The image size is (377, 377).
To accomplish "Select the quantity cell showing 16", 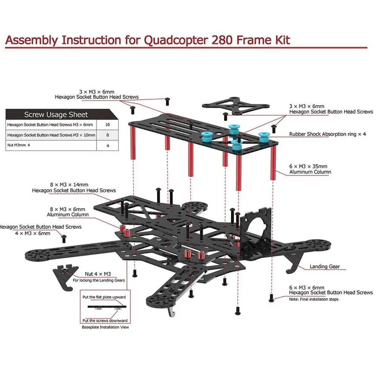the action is tap(107, 125).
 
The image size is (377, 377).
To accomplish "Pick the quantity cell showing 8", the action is tap(107, 135).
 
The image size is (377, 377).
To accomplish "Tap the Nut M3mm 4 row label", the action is tap(18, 145).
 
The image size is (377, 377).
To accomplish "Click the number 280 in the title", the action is tap(222, 40).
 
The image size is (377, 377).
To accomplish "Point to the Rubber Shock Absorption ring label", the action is tap(328, 134).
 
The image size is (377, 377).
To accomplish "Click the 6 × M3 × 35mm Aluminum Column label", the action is tap(310, 169).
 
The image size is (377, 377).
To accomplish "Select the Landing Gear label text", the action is tap(325, 267).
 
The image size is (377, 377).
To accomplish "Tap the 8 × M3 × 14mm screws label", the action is tap(74, 187).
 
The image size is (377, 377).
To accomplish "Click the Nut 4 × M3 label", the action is tap(98, 274).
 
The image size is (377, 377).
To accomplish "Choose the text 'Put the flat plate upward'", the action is tap(104, 297).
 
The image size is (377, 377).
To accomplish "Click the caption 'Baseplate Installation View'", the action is tap(105, 327).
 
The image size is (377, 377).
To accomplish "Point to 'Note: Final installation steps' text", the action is tap(314, 299).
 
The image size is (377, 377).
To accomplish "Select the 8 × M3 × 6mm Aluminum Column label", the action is tap(67, 212).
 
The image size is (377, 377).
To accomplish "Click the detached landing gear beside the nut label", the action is tap(65, 276).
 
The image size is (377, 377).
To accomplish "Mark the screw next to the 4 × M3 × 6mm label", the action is tap(64, 239).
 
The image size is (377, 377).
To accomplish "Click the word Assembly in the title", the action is tap(32, 40).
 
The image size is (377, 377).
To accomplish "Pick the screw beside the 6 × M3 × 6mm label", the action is tap(271, 298).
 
